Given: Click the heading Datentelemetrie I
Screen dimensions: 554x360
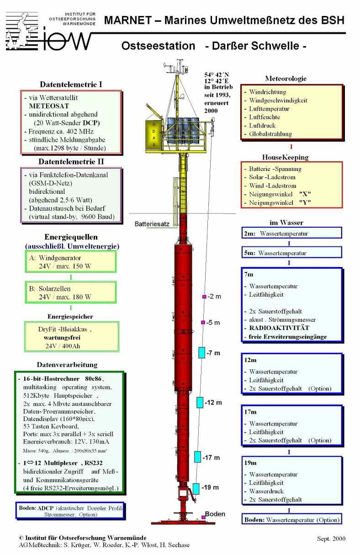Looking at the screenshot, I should coord(71,85).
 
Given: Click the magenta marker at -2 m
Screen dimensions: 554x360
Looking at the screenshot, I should coord(204,297).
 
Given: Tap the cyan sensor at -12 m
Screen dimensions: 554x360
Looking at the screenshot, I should coord(200,402).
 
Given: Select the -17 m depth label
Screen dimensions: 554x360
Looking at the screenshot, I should coord(211,458).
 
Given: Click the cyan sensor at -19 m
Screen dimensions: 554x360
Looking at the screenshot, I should coord(196,488).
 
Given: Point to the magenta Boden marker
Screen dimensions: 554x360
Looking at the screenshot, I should coord(203,517).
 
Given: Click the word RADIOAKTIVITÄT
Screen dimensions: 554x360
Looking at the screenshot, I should coord(279,328).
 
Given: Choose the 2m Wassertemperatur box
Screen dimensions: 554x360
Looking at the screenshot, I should coord(292,233).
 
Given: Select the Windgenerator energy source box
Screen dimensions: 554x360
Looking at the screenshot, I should coord(70,262).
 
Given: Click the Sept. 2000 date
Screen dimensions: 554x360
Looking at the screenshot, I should coord(331,538).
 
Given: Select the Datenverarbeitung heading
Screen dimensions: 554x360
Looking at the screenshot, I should coord(68,365).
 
